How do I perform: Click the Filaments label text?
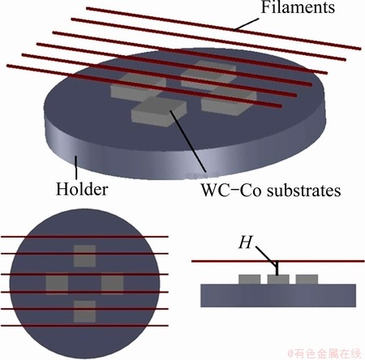click(298, 7)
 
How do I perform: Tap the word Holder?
click(82, 189)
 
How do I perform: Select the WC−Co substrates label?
click(270, 191)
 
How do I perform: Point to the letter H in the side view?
click(245, 242)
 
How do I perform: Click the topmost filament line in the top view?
click(84, 237)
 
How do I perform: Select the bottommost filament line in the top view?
click(84, 326)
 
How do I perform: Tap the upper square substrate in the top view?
click(84, 256)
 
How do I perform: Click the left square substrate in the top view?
click(57, 285)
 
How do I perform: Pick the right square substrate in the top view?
click(113, 285)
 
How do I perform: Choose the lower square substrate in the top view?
click(84, 311)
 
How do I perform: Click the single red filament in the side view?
click(278, 261)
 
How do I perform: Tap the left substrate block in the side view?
click(249, 280)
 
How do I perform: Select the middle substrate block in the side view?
click(278, 280)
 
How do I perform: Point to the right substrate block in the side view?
click(307, 280)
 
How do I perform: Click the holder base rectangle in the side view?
click(278, 295)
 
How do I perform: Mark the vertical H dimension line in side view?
click(277, 268)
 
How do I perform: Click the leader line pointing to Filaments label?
click(247, 24)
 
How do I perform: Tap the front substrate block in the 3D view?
click(159, 112)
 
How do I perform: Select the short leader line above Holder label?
click(76, 167)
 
